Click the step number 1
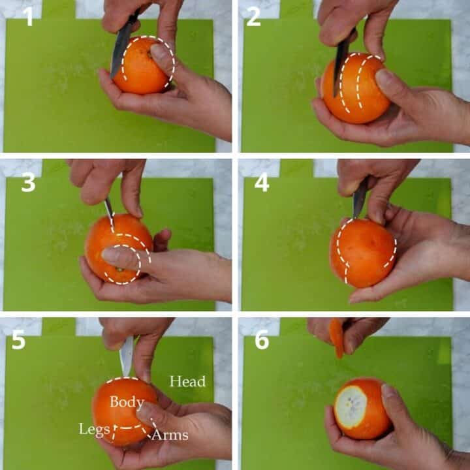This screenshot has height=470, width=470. click(28, 16)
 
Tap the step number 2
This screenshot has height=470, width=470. click(253, 16)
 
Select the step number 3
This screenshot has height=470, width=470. click(29, 183)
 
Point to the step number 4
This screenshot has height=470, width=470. click(262, 183)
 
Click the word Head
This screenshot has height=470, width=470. click(187, 381)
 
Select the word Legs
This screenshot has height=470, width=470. click(94, 430)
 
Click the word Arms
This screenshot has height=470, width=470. click(170, 435)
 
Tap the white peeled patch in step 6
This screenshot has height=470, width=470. click(351, 407)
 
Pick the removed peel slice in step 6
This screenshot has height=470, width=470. click(337, 338)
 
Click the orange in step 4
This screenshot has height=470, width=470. click(363, 253)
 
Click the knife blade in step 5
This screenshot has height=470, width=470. click(127, 356)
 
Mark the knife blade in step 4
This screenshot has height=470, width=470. click(360, 197)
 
